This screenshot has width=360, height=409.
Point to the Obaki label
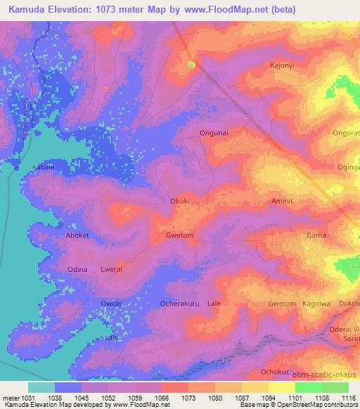coord(181,201)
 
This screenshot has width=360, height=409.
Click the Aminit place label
coord(281,201)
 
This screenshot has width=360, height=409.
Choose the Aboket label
coord(77,235)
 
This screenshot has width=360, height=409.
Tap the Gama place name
coord(314,235)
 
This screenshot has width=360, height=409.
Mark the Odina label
coord(77,269)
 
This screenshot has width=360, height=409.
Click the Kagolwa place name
coord(315,304)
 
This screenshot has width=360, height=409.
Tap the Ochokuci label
coord(275,371)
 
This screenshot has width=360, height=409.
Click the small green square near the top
coord(191,65)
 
